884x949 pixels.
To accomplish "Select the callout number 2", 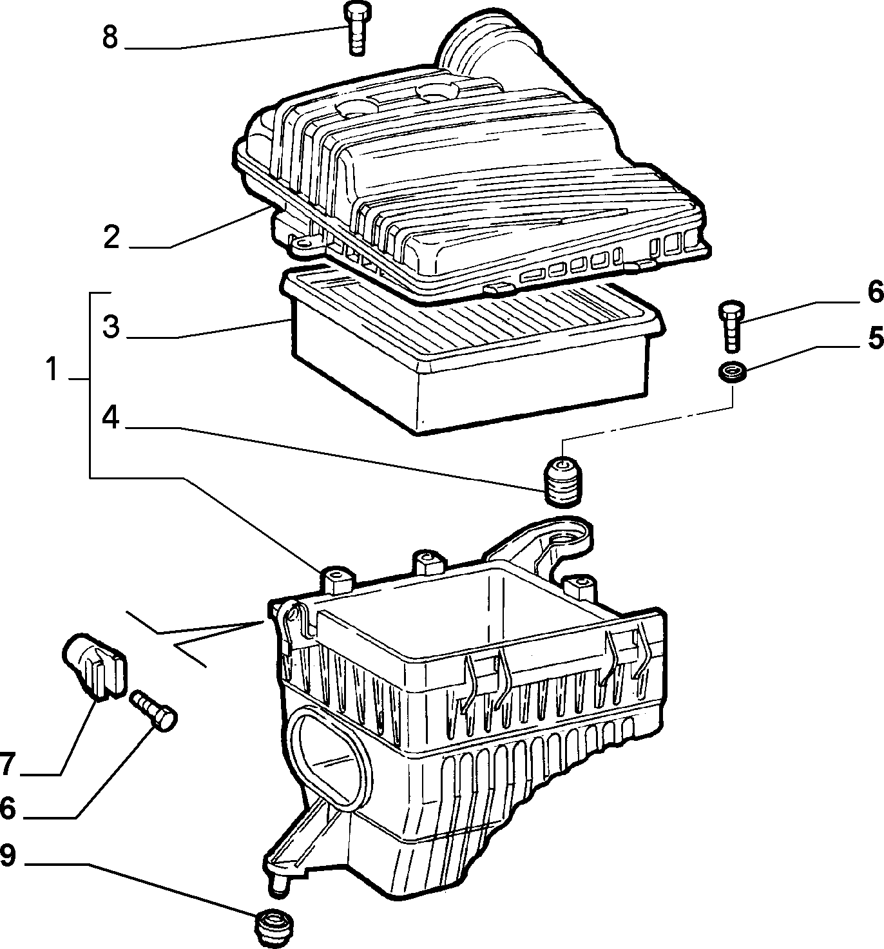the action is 111,237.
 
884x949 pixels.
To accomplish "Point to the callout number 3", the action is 111,327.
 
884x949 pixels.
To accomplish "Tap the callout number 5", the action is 876,337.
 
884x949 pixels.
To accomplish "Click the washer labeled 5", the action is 733,372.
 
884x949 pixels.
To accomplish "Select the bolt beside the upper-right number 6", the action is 731,327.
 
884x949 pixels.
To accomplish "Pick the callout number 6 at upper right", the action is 876,291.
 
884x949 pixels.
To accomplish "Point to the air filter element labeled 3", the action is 471,354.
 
